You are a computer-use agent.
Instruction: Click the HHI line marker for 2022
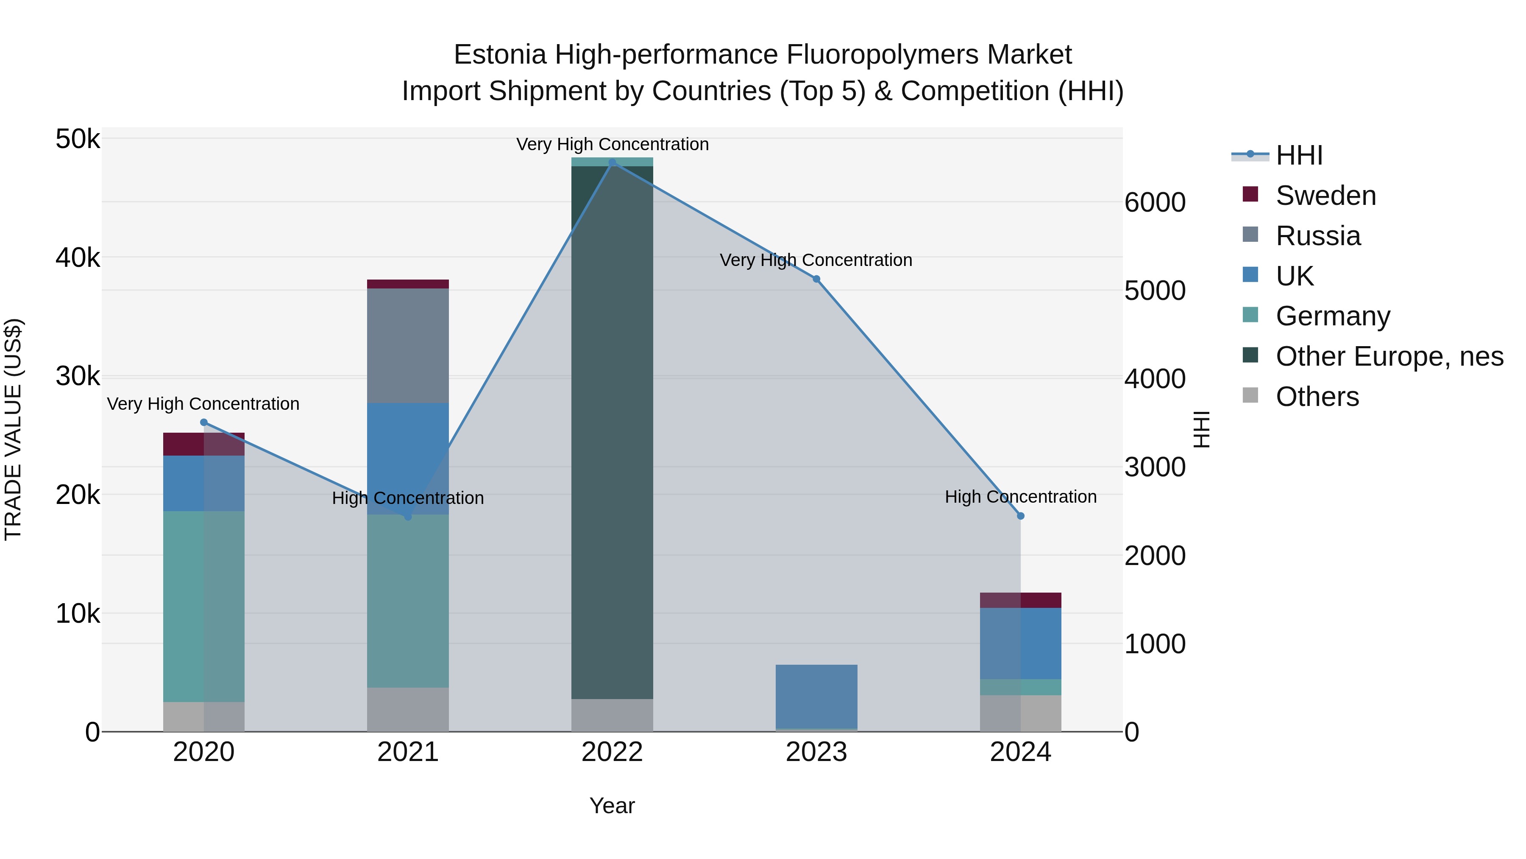tap(612, 162)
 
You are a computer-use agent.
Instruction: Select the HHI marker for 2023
tap(816, 279)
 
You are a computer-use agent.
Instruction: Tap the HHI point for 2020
tap(204, 423)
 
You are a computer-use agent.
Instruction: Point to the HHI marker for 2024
tap(1021, 516)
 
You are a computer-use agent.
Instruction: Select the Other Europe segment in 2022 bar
tap(612, 432)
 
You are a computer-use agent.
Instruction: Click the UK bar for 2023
tap(816, 696)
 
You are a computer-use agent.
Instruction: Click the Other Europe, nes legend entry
tap(1389, 356)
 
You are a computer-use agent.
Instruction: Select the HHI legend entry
tap(1299, 155)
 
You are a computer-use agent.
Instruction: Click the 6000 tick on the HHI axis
tap(1155, 203)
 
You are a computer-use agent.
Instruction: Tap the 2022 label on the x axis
tap(612, 752)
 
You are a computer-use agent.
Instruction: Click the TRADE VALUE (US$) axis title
tap(13, 429)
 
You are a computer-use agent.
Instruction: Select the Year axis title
tap(612, 806)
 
